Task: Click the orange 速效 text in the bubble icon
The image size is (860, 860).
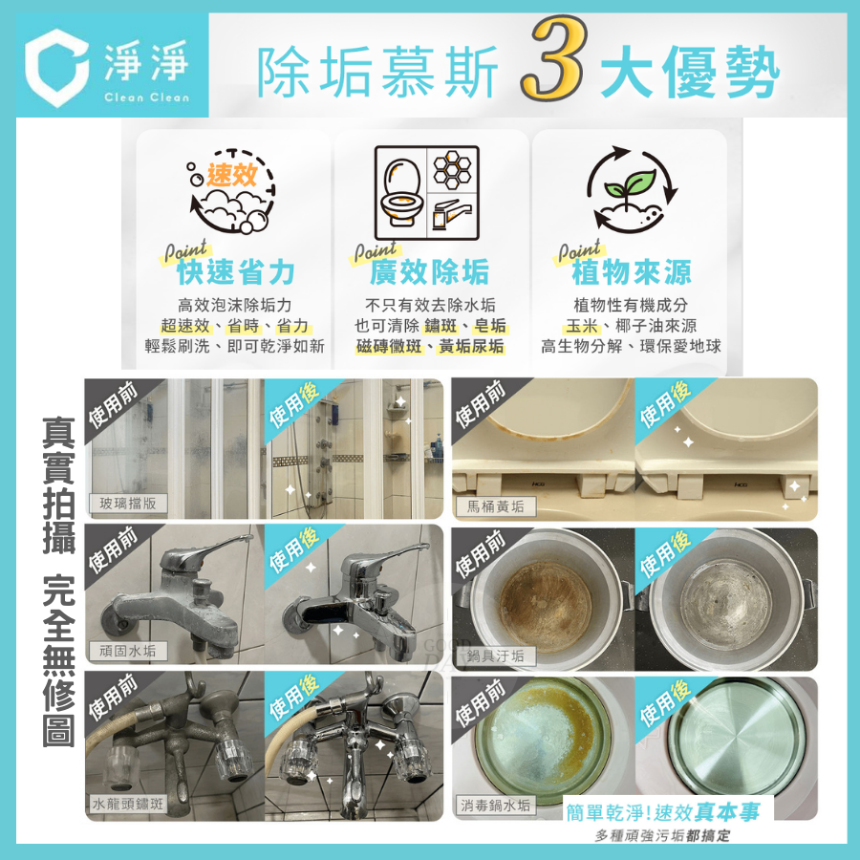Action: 232,174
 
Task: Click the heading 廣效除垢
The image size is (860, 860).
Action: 430,273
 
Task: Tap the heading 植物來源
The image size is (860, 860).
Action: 631,273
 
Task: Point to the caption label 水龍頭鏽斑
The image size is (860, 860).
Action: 128,803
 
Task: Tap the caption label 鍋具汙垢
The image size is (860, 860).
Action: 495,655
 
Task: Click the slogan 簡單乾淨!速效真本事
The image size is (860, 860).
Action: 663,811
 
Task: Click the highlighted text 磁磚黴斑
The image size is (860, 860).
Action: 389,347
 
